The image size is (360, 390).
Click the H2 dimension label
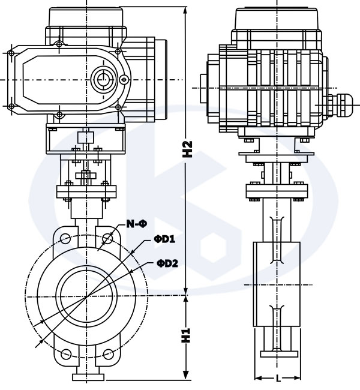187,148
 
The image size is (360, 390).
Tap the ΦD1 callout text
164,239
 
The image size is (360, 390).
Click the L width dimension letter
278,378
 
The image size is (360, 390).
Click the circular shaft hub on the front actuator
102,78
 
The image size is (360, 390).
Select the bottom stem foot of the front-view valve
86,377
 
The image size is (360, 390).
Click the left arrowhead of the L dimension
259,379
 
